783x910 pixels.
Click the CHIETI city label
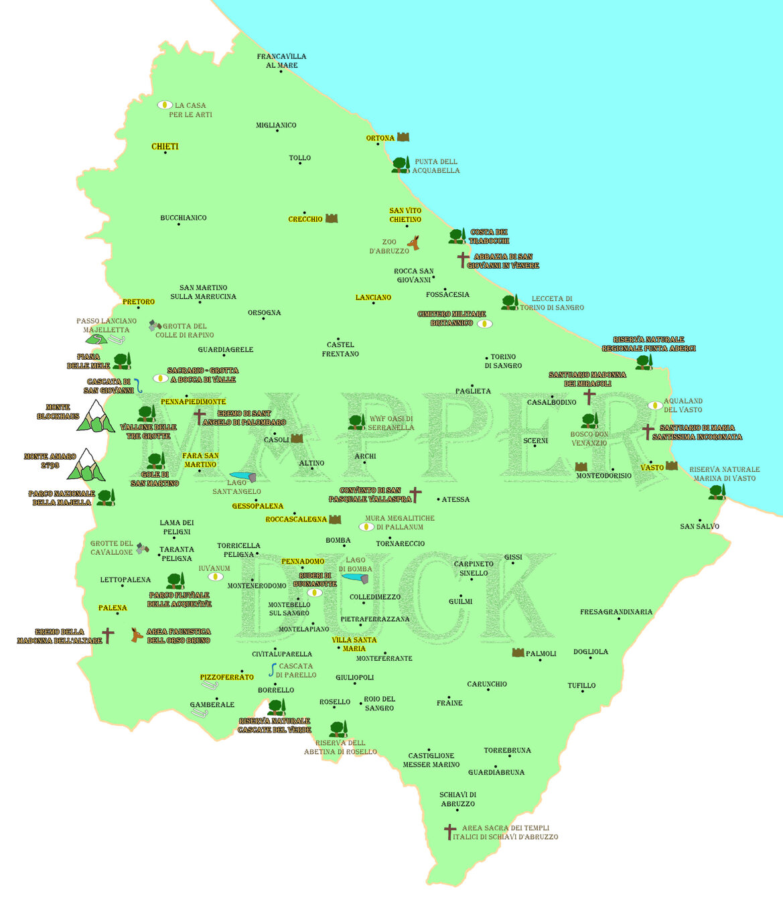(165, 146)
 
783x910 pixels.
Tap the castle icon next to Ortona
(403, 137)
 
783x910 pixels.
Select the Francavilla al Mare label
(281, 61)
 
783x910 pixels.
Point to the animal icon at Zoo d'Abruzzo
(415, 243)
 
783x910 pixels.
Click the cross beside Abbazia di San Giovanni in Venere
(462, 259)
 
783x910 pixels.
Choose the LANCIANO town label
(373, 298)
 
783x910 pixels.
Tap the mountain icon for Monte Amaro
(86, 466)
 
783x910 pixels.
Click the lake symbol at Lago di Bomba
(355, 578)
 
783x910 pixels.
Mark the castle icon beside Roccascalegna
(335, 519)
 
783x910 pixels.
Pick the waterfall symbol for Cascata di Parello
(273, 669)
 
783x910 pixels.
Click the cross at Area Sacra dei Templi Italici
(450, 832)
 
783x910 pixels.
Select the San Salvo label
(699, 527)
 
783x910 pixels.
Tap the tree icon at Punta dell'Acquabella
(401, 165)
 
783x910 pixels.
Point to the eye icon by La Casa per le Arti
(165, 105)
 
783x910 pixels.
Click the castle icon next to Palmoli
(518, 653)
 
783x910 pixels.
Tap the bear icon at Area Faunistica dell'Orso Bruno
(137, 635)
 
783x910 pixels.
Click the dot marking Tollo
(300, 164)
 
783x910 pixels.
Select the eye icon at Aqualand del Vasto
(655, 405)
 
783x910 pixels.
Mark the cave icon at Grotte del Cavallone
(142, 548)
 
